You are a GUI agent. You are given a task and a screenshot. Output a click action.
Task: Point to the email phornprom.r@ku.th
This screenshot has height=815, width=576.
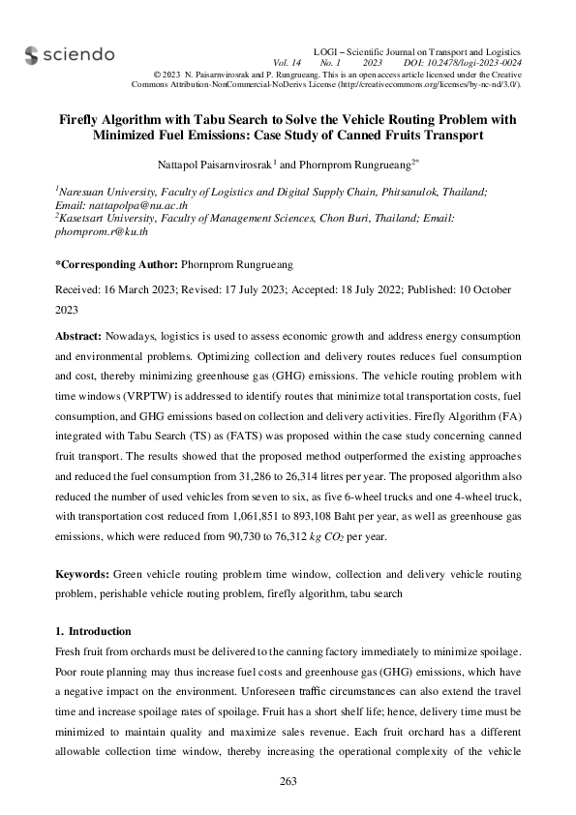pos(101,232)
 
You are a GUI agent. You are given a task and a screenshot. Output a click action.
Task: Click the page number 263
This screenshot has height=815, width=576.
pos(288,781)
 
